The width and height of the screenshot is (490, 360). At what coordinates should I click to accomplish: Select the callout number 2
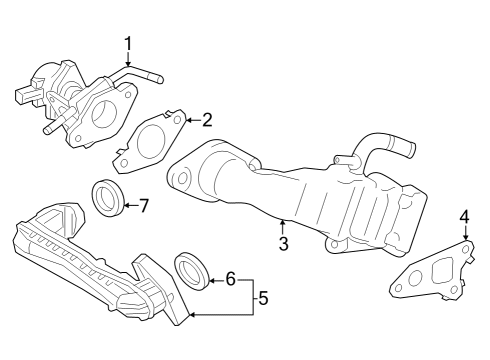click(x=207, y=120)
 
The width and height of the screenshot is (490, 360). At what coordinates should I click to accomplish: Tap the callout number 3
click(x=283, y=243)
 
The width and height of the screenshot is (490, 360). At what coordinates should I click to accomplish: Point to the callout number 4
click(x=464, y=217)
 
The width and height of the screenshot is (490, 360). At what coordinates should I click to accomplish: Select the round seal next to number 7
click(x=109, y=197)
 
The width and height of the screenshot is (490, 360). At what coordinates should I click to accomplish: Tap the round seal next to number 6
click(x=193, y=271)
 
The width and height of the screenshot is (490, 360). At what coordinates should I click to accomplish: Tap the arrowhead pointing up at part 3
click(x=283, y=222)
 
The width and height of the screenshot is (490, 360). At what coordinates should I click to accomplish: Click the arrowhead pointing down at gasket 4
click(x=464, y=235)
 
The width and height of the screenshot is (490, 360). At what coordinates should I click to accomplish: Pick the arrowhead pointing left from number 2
click(x=189, y=121)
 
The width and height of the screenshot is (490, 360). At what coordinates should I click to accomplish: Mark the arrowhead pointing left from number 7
click(x=127, y=206)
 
